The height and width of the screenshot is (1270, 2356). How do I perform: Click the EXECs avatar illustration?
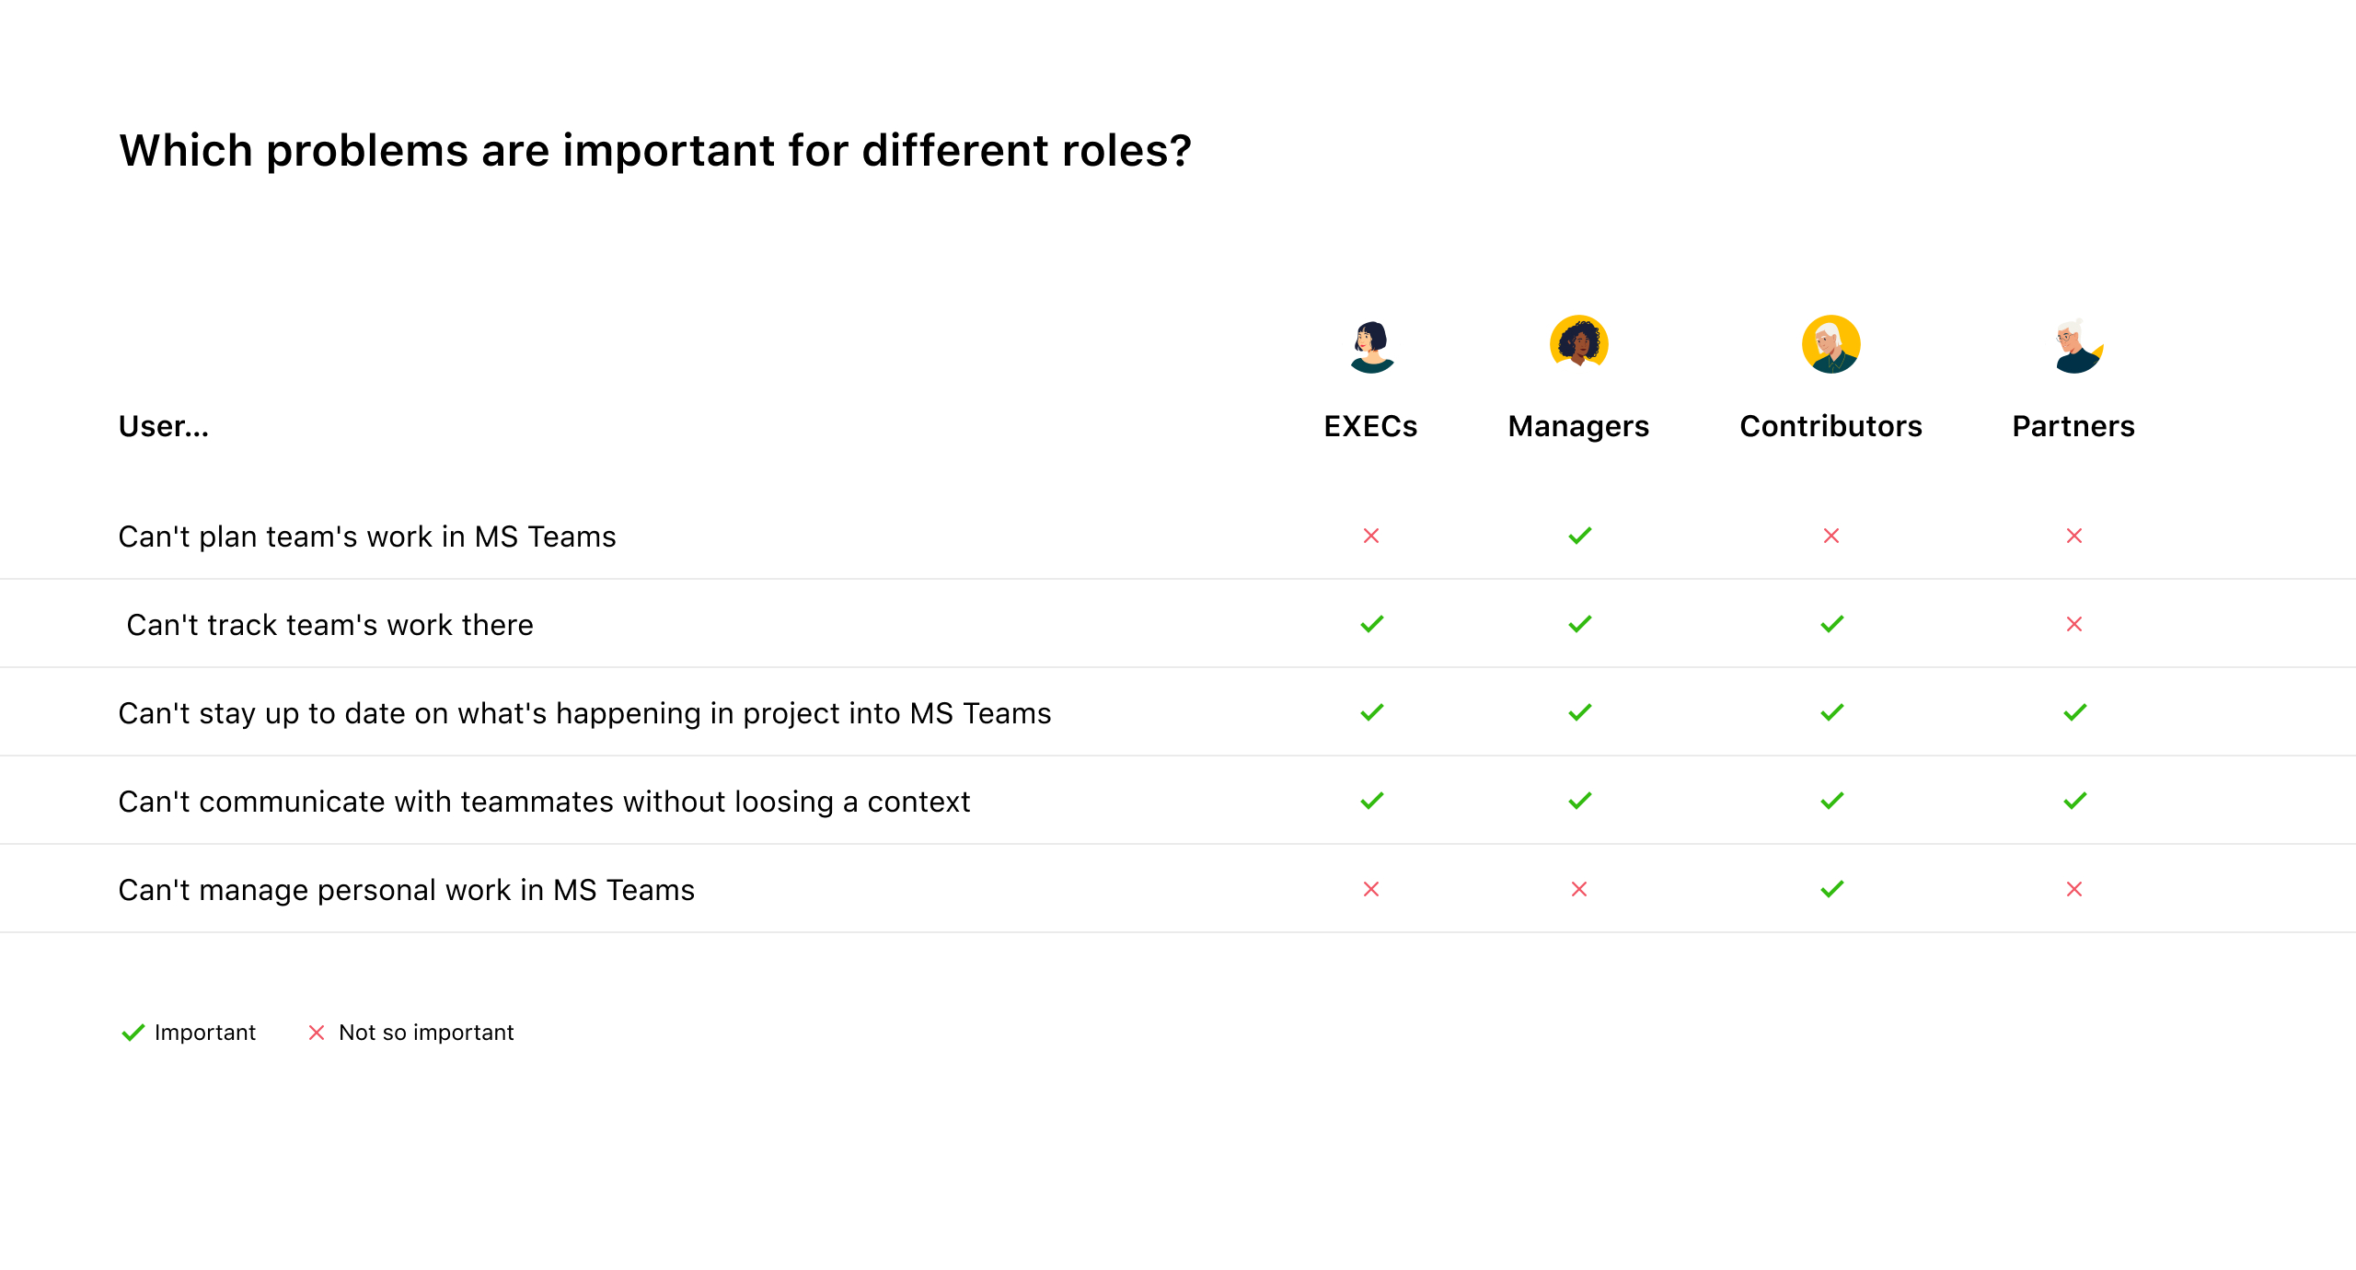(1371, 346)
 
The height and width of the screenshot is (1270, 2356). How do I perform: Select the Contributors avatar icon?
(1831, 344)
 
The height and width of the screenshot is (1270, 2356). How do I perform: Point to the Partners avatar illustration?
(2077, 346)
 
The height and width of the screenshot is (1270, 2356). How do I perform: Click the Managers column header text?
(1578, 426)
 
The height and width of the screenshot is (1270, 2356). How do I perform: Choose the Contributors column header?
(1831, 426)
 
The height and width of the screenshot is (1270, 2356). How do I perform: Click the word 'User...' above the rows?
(164, 426)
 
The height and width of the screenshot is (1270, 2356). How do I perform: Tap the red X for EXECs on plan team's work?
(1371, 536)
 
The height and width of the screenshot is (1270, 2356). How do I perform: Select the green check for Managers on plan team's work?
(1580, 536)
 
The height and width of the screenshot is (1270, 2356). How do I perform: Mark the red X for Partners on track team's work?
(2074, 624)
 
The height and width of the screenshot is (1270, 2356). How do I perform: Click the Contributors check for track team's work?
(1832, 624)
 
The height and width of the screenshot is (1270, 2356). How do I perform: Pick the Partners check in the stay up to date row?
(2075, 712)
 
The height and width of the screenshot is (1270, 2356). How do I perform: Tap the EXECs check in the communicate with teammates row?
(1372, 801)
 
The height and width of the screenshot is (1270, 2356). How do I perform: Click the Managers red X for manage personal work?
(1579, 889)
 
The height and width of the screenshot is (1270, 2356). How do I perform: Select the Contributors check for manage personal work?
(1832, 889)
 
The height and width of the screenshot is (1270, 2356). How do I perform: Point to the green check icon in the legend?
(133, 1033)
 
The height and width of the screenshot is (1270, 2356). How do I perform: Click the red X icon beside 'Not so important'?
(317, 1033)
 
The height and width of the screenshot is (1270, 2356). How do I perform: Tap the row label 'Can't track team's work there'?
(329, 625)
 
